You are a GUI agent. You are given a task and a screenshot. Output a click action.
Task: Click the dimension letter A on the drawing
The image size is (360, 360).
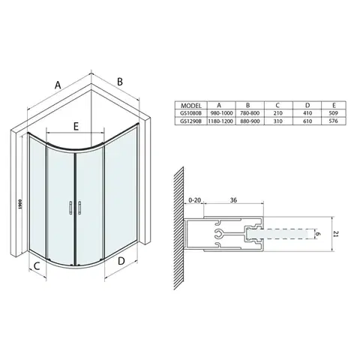coord(58,85)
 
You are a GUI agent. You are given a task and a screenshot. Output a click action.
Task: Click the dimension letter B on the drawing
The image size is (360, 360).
coord(120,82)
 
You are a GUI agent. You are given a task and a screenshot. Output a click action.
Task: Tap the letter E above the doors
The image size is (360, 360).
coord(76,126)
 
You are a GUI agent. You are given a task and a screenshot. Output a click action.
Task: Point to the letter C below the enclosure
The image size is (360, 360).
coord(37,266)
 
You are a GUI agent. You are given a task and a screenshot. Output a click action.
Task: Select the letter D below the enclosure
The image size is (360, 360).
coord(121,261)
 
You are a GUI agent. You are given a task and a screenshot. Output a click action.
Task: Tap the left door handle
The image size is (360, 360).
coord(70,208)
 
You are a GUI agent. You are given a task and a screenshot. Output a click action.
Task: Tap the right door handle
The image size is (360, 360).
coord(79,208)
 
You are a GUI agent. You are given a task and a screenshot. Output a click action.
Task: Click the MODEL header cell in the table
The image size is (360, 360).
coord(191,105)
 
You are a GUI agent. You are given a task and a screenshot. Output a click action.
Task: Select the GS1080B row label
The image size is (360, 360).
coord(191,113)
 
